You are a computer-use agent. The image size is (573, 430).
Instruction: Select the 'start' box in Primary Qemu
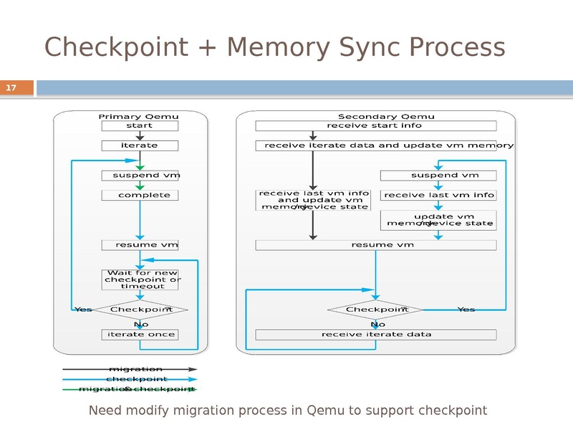140,125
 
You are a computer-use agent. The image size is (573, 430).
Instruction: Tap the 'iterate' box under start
140,145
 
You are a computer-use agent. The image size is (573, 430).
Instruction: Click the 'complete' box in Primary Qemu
140,195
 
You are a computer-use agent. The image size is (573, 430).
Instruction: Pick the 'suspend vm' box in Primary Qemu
140,176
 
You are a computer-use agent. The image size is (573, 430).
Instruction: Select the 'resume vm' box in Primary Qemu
140,245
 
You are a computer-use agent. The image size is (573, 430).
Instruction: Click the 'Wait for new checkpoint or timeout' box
140,279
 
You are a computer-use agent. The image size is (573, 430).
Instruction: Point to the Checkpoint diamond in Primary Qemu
140,310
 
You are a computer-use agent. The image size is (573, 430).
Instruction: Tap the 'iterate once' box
140,335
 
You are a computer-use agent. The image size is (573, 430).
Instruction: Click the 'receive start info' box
375,125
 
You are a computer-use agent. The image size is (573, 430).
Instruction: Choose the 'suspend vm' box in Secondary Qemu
438,176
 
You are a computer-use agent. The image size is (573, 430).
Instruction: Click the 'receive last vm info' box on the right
438,195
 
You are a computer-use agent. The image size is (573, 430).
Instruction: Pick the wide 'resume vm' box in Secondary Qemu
375,245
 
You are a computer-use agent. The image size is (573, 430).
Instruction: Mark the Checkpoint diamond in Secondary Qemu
376,310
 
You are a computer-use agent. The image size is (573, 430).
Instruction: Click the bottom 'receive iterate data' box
375,335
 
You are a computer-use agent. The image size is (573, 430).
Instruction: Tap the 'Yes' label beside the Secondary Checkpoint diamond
466,310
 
